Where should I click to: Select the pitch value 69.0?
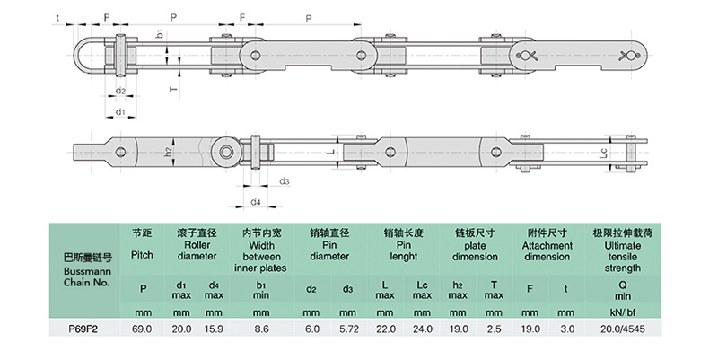pyautogui.click(x=144, y=329)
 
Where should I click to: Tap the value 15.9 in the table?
pyautogui.click(x=214, y=329)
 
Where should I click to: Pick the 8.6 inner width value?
pyautogui.click(x=260, y=329)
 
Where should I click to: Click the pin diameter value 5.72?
pyautogui.click(x=349, y=329)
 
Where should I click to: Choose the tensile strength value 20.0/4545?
pyautogui.click(x=618, y=329)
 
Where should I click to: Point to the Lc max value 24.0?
pyautogui.click(x=424, y=329)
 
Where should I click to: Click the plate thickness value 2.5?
pyautogui.click(x=495, y=329)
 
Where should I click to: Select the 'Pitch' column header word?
pyautogui.click(x=143, y=255)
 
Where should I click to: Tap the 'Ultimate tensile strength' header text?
pyautogui.click(x=618, y=256)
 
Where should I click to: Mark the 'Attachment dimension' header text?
pyautogui.click(x=547, y=250)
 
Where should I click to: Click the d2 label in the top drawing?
pyautogui.click(x=119, y=92)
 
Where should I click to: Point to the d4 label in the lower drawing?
pyautogui.click(x=256, y=201)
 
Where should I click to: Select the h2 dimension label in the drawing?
pyautogui.click(x=168, y=153)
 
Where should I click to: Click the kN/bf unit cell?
pyautogui.click(x=618, y=312)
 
